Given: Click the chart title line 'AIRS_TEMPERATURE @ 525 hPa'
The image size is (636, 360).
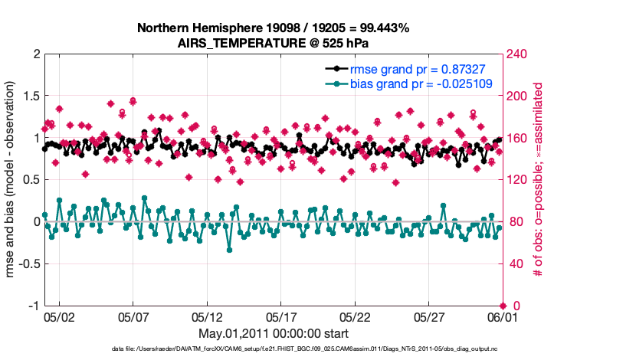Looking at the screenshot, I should [274, 43].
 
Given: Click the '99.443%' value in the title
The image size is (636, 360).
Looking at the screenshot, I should [383, 28].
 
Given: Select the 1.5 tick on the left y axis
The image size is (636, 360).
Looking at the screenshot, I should [30, 97].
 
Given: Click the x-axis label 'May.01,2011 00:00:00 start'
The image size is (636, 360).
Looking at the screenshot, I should [274, 334].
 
